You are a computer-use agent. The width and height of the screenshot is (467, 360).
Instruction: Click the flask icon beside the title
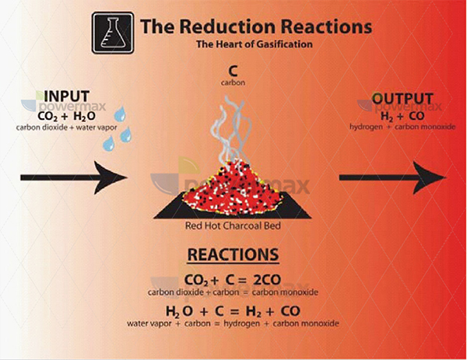[113, 33]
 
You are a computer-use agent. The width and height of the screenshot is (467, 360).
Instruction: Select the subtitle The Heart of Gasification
[255, 44]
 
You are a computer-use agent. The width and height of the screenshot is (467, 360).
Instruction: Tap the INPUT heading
[67, 96]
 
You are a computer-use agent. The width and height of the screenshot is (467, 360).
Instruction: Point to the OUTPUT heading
[402, 99]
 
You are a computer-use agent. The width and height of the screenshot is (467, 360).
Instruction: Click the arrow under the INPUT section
[74, 177]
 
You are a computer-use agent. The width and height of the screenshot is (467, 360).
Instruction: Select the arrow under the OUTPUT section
[392, 177]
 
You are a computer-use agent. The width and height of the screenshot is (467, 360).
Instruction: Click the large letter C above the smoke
[233, 72]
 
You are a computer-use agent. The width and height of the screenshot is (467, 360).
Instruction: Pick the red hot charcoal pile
[232, 188]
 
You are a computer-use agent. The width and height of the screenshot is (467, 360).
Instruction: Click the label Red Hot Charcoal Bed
[233, 225]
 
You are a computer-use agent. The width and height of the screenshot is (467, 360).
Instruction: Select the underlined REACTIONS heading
[233, 255]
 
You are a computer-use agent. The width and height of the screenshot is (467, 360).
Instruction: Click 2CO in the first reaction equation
[267, 280]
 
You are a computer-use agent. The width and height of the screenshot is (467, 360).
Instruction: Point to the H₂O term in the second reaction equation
[179, 312]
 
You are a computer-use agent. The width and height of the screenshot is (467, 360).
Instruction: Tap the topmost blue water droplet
[120, 114]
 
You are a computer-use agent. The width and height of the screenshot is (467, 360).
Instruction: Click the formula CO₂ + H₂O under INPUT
[67, 116]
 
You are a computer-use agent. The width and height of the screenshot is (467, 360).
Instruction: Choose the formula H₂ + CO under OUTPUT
[402, 117]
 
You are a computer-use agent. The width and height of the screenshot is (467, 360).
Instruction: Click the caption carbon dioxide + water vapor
[67, 128]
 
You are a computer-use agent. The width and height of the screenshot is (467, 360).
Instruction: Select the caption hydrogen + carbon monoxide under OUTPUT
[402, 127]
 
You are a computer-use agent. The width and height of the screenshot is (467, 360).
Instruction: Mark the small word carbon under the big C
[233, 82]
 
